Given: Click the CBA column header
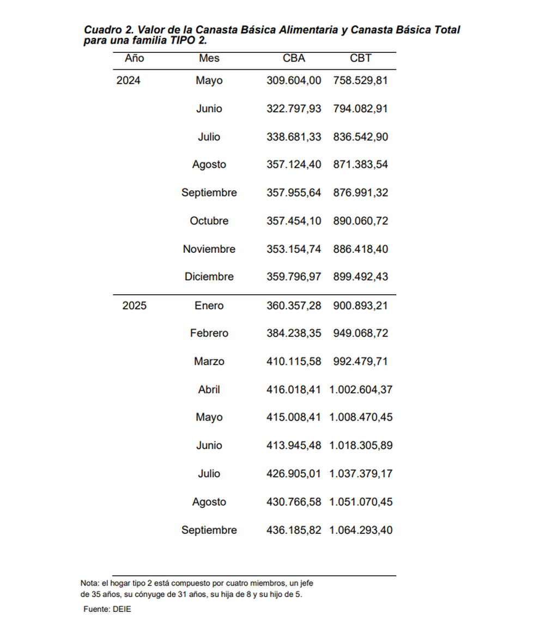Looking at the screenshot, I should pos(294,58).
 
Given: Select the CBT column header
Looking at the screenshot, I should pos(361,58).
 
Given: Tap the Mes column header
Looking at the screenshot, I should pos(209,58).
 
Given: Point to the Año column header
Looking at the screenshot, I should pos(135,58).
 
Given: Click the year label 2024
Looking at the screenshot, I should pos(129,81).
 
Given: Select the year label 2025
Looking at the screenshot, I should pos(135,306).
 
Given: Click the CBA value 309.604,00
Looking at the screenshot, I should pos(294,81).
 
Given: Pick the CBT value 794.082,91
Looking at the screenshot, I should pos(361,108).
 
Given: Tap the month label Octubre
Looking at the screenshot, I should pos(209,221).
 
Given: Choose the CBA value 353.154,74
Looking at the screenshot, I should pos(294,249).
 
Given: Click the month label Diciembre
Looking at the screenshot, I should pos(209,277).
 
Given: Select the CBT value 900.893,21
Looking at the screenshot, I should pos(361,306).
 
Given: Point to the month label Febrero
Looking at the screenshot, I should pos(209,333).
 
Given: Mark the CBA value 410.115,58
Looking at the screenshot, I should pos(294,361).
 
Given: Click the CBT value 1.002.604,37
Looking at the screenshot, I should pos(361,390).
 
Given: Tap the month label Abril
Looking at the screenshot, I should pos(209,390).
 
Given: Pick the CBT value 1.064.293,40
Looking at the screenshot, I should pos(361,530).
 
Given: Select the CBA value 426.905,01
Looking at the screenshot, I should pos(294,473).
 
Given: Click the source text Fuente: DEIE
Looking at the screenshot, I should pos(107,609).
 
